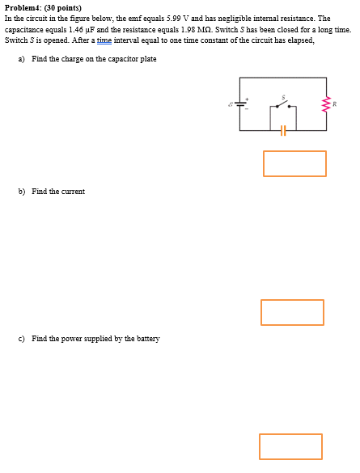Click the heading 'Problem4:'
coord(23,7)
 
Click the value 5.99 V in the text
coord(176,18)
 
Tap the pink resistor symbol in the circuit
coord(327,103)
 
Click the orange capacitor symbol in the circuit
coord(282,129)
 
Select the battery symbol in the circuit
coord(240,103)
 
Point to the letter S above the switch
coord(283,96)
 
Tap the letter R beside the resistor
coord(334,103)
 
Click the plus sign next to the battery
coord(247,98)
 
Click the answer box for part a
coord(294,163)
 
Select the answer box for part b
coord(292,312)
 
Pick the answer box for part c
coord(290,446)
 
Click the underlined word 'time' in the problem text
coord(104,40)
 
